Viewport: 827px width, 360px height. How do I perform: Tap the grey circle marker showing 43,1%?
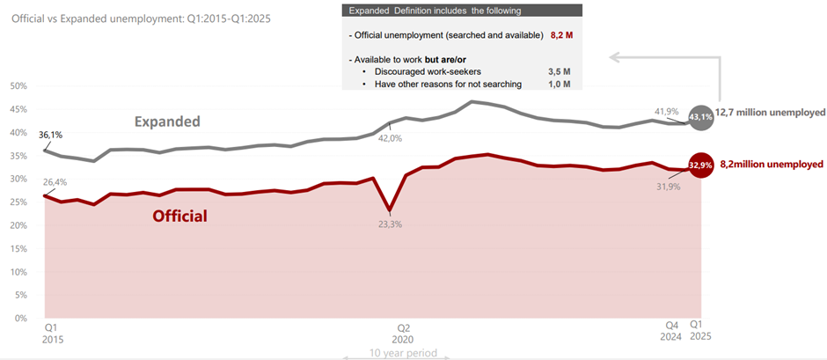(701, 116)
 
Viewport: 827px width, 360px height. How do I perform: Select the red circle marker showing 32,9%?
(701, 165)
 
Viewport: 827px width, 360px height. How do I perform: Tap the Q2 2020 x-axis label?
(403, 331)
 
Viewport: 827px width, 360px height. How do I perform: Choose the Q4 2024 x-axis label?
(670, 330)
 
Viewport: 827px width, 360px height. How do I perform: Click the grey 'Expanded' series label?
(167, 121)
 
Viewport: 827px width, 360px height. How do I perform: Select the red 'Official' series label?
(179, 215)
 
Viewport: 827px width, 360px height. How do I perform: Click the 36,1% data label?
(51, 136)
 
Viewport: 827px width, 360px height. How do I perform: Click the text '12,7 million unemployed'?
(770, 113)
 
